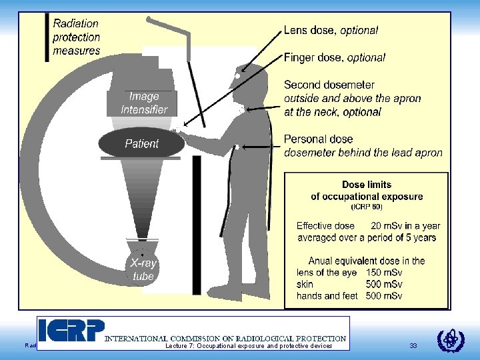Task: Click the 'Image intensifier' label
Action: [144, 103]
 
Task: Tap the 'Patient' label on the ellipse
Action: [141, 143]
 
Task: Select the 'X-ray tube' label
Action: [143, 270]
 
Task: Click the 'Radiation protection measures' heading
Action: [77, 37]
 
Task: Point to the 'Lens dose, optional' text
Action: [331, 30]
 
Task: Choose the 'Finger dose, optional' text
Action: [334, 57]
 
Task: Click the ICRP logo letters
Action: [71, 331]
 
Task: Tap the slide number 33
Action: [413, 346]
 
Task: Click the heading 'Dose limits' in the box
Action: [367, 185]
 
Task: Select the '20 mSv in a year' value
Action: [405, 226]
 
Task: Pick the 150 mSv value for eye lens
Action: [384, 273]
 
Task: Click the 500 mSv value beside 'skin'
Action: [384, 284]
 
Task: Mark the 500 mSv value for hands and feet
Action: [384, 295]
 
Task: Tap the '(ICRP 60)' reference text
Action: [367, 207]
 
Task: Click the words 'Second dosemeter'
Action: [329, 85]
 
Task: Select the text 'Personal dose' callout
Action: [319, 139]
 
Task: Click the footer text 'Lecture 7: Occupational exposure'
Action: [248, 346]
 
